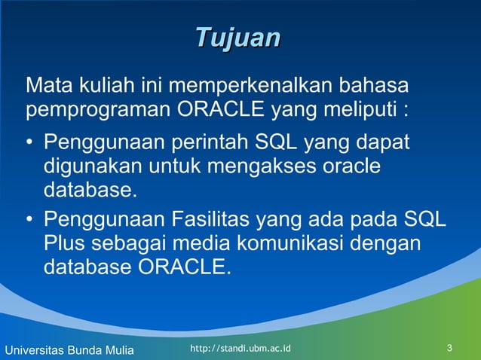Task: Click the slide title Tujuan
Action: click(238, 38)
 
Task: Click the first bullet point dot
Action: click(29, 142)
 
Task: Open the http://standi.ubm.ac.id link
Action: click(240, 349)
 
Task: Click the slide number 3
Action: click(449, 349)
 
